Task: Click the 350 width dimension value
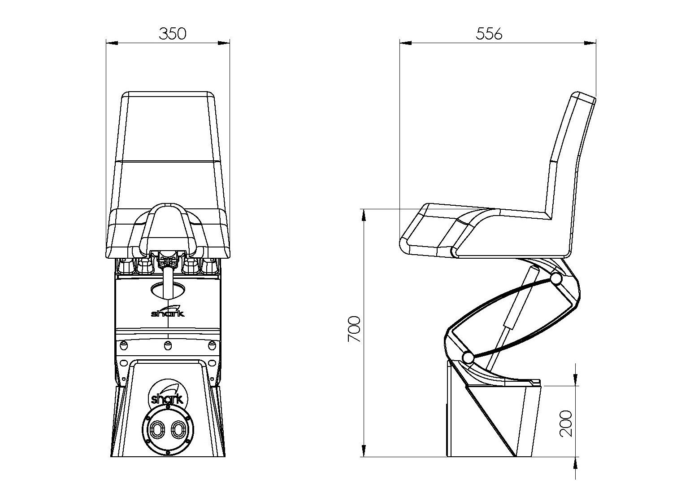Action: [173, 34]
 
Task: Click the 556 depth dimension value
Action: [489, 34]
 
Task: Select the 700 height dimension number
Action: [354, 329]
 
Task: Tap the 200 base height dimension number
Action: [565, 424]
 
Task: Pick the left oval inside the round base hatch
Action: [157, 430]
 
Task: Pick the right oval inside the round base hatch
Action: [178, 430]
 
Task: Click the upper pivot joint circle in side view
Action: [556, 279]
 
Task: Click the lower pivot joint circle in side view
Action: [468, 358]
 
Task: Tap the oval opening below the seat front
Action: [168, 291]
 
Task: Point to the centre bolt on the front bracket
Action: [168, 345]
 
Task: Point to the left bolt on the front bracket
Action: [124, 345]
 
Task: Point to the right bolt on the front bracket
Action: [212, 345]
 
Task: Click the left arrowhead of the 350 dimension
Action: [112, 43]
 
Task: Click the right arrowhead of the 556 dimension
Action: [590, 43]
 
